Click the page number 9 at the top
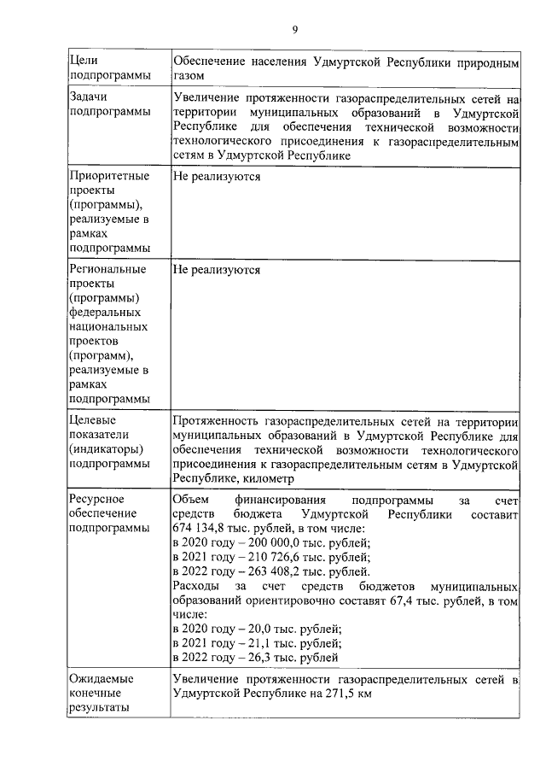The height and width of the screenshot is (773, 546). click(x=295, y=30)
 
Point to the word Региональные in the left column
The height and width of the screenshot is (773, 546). click(x=107, y=269)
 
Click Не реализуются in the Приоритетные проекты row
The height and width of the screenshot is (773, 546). click(x=216, y=176)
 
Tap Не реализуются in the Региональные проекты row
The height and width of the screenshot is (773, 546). click(x=216, y=269)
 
